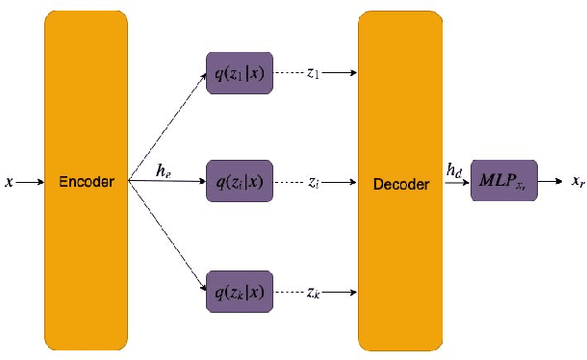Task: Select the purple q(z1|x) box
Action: (x=239, y=73)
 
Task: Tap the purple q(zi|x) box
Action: (x=239, y=180)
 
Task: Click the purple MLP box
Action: (x=503, y=180)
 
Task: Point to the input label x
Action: (x=10, y=181)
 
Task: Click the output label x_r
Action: (x=574, y=181)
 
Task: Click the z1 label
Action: (x=313, y=73)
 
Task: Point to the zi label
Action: (x=313, y=181)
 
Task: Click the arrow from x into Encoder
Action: (x=29, y=181)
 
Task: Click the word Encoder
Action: (x=86, y=181)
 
